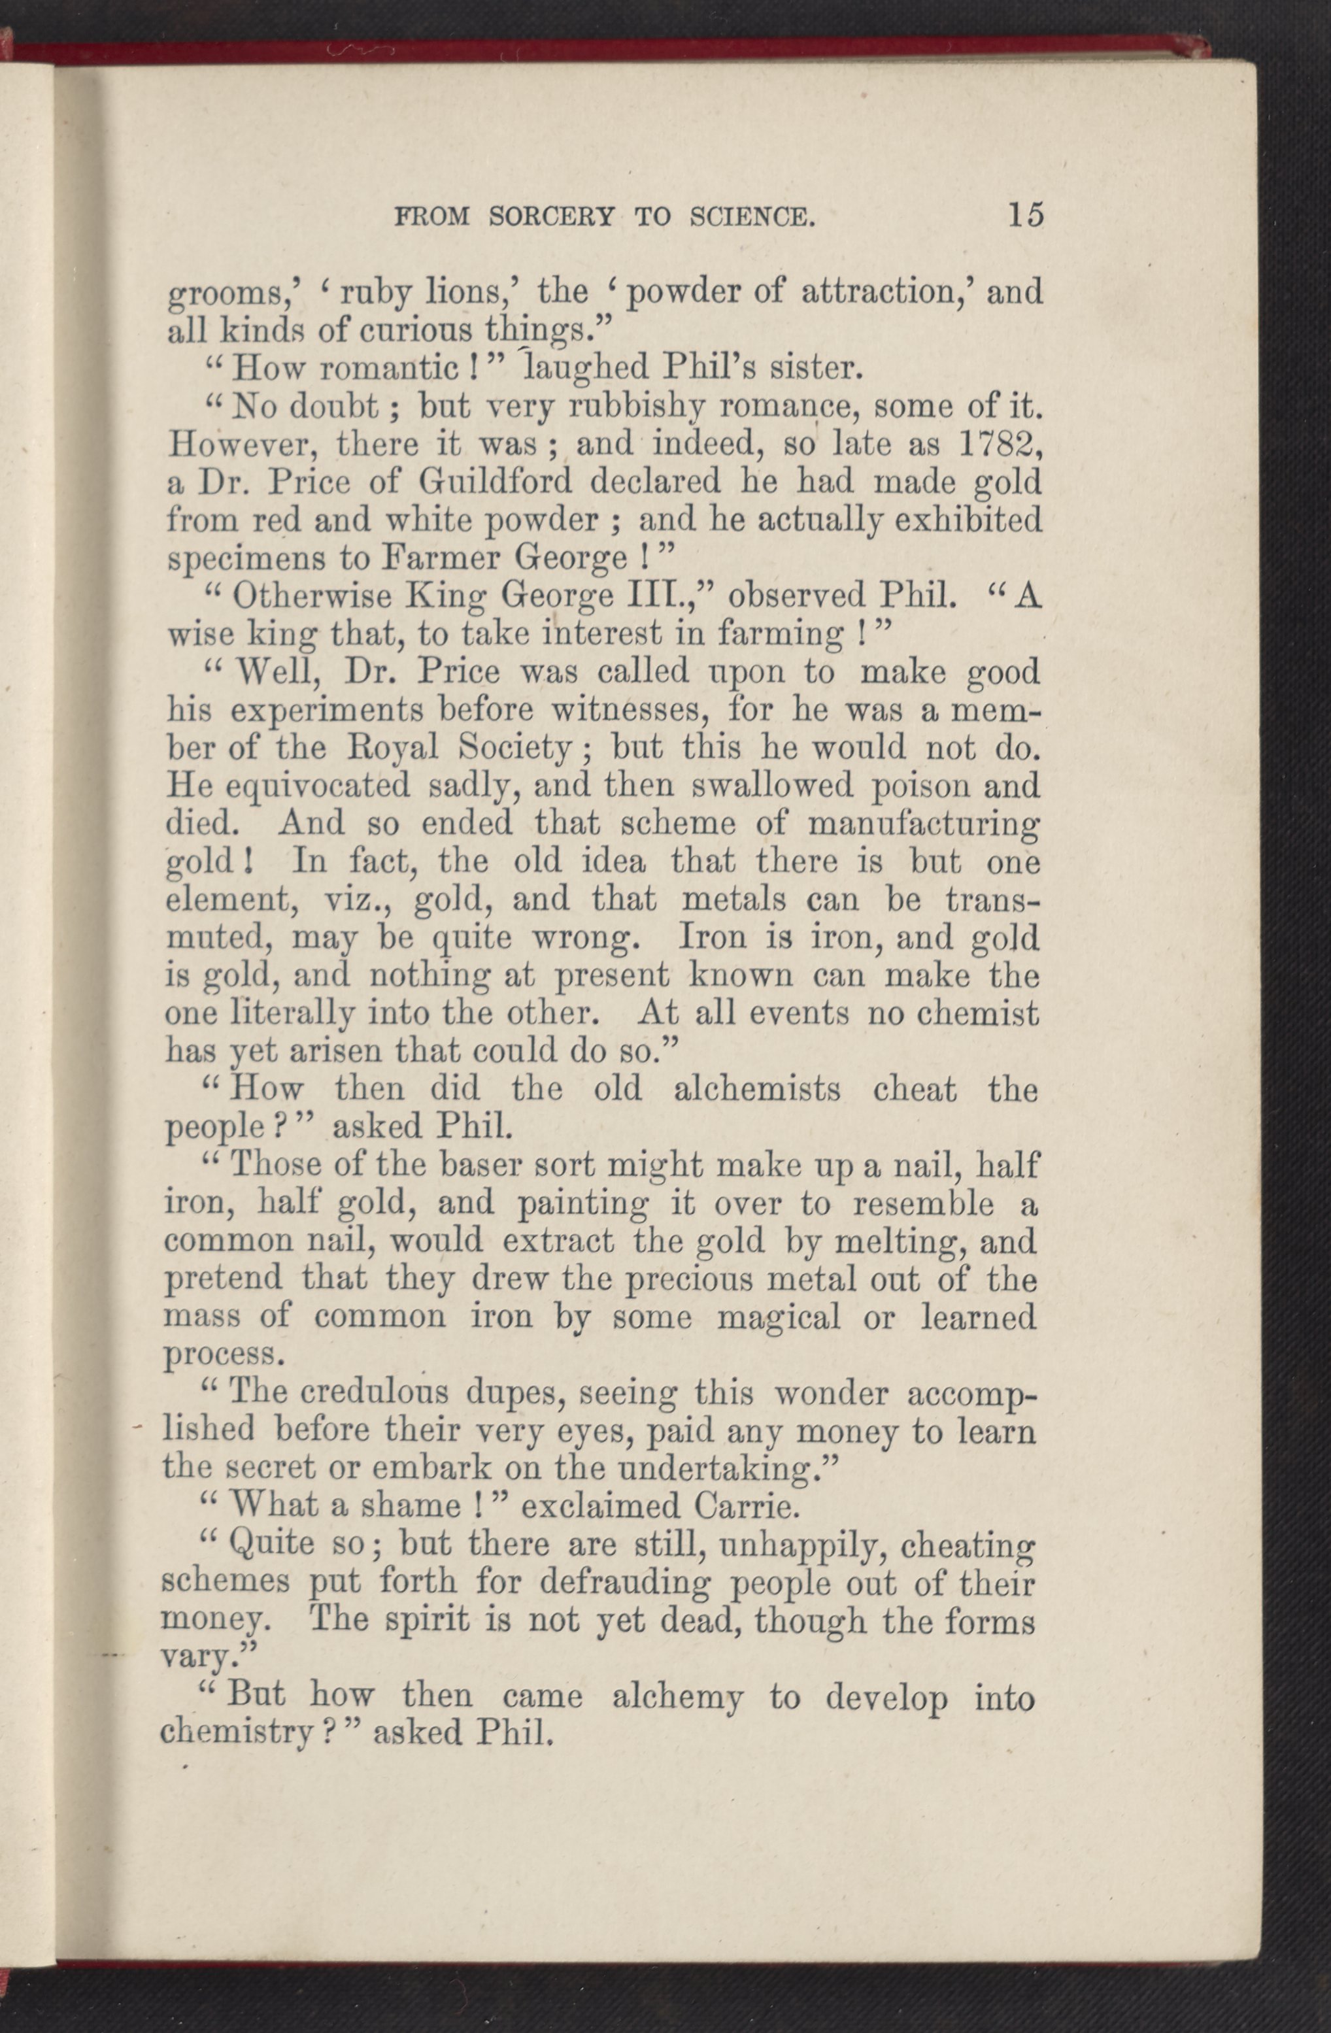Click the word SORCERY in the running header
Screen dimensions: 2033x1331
coord(552,217)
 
